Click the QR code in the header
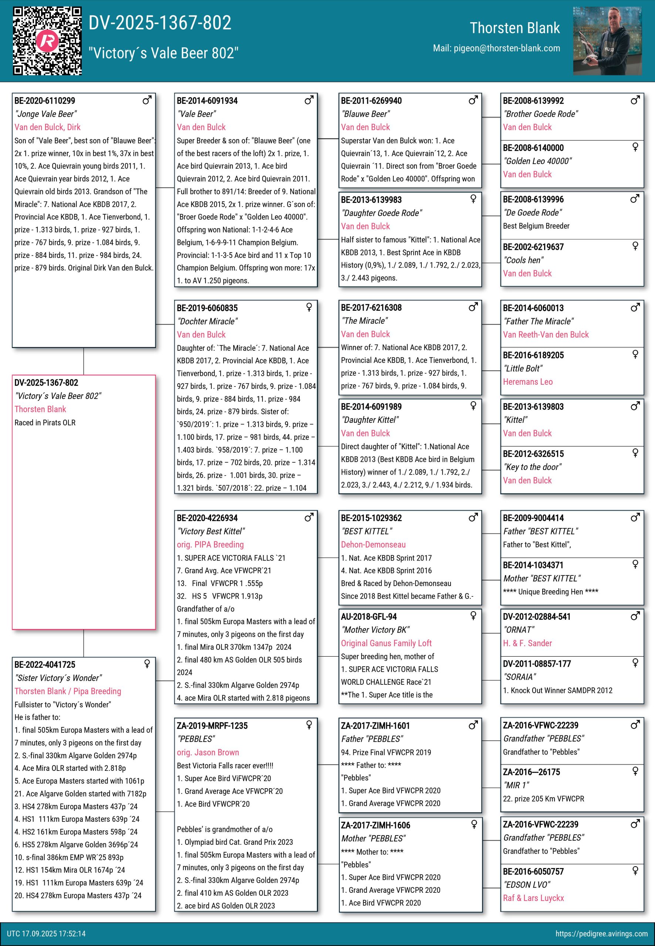[x=47, y=41]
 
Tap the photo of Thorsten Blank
[x=607, y=41]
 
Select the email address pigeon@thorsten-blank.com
[x=506, y=48]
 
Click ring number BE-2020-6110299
[x=45, y=101]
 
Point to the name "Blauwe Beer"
[x=365, y=114]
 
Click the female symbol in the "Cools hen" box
[x=635, y=246]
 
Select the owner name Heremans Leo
[x=527, y=382]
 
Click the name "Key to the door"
[x=532, y=467]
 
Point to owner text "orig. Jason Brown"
[x=208, y=752]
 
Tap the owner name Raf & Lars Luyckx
[x=533, y=898]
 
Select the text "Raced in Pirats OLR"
[x=45, y=422]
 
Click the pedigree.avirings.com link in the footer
[x=601, y=934]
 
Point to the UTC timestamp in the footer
[x=46, y=934]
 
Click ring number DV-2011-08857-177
[x=536, y=664]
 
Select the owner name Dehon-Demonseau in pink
[x=373, y=544]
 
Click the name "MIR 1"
[x=516, y=785]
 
